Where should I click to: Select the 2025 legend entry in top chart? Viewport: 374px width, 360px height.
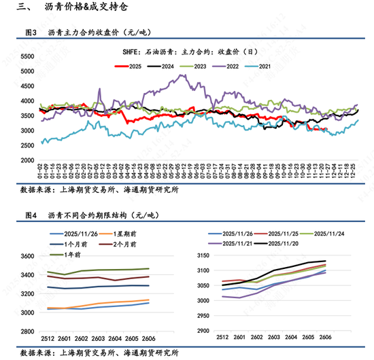(129, 65)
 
